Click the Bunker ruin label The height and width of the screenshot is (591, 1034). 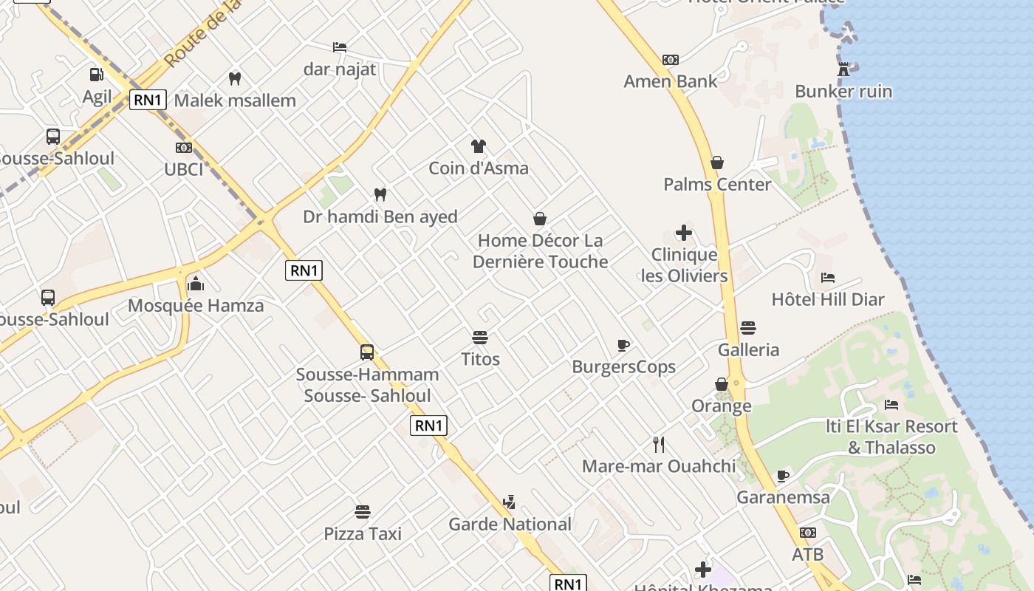pos(843,92)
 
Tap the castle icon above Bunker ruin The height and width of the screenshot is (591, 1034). pos(843,70)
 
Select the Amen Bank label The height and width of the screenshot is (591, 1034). pos(670,81)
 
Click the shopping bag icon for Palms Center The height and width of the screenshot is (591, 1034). pos(716,163)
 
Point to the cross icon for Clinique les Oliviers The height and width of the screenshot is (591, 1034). pos(684,233)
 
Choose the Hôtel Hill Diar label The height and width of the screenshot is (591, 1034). pos(827,299)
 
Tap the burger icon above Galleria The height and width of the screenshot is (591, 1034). pos(748,328)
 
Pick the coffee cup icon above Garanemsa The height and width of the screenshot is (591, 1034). pos(783,476)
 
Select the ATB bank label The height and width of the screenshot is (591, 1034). pos(807,554)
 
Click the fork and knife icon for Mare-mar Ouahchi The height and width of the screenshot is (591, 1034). pos(659,445)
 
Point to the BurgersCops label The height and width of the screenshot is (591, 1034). pos(623,367)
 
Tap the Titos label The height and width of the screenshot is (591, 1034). pos(480,360)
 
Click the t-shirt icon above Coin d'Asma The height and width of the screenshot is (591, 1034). pos(479,146)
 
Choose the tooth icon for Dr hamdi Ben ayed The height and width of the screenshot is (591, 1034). pos(380,195)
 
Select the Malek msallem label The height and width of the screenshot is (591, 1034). pos(235,100)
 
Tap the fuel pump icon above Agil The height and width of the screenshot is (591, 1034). pos(97,75)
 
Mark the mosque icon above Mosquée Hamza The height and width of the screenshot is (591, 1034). pos(196,283)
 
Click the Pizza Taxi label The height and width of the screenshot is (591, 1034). pos(363,533)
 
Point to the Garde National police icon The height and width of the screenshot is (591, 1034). pos(508,503)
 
